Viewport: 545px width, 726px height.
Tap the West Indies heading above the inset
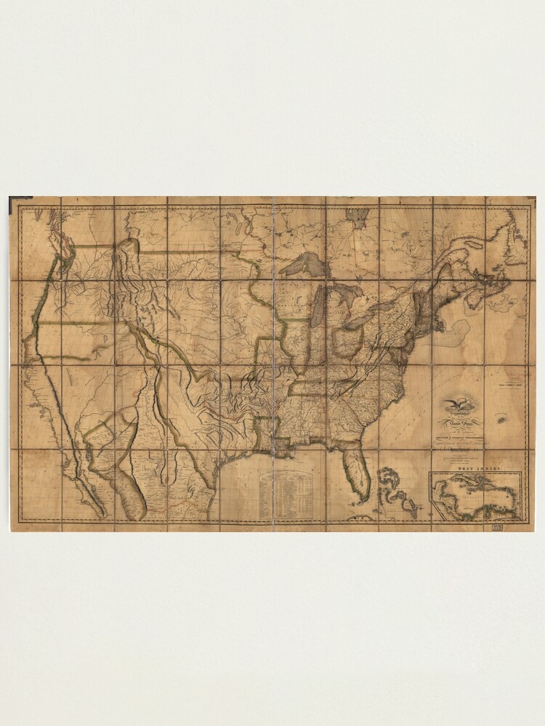[x=475, y=470]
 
